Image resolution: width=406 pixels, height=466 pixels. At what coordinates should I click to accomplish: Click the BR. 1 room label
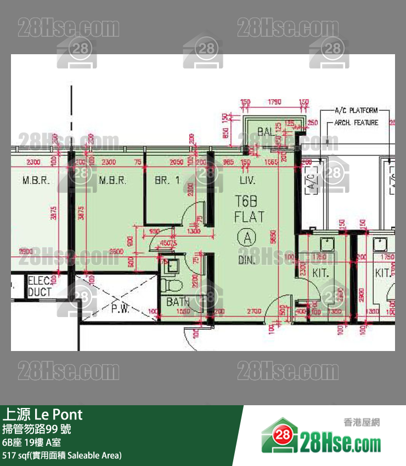click(167, 180)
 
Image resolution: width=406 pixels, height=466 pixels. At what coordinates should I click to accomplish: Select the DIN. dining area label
click(247, 261)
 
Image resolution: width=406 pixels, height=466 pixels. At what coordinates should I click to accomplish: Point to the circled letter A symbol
click(247, 238)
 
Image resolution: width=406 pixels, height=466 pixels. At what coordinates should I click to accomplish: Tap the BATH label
click(178, 302)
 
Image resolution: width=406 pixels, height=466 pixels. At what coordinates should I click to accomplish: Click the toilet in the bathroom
click(171, 285)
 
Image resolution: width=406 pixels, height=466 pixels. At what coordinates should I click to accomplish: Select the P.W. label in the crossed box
click(120, 309)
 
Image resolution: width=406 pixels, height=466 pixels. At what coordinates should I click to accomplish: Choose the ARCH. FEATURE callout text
click(356, 123)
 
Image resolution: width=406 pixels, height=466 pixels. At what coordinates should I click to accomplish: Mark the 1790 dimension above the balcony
click(274, 102)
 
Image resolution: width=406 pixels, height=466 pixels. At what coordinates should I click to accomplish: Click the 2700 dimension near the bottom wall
click(253, 312)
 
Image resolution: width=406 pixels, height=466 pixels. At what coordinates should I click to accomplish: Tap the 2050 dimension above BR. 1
click(176, 162)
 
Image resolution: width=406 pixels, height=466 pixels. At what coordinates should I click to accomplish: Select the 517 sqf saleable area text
click(62, 455)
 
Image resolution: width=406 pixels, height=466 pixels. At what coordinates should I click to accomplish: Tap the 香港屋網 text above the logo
click(362, 422)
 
